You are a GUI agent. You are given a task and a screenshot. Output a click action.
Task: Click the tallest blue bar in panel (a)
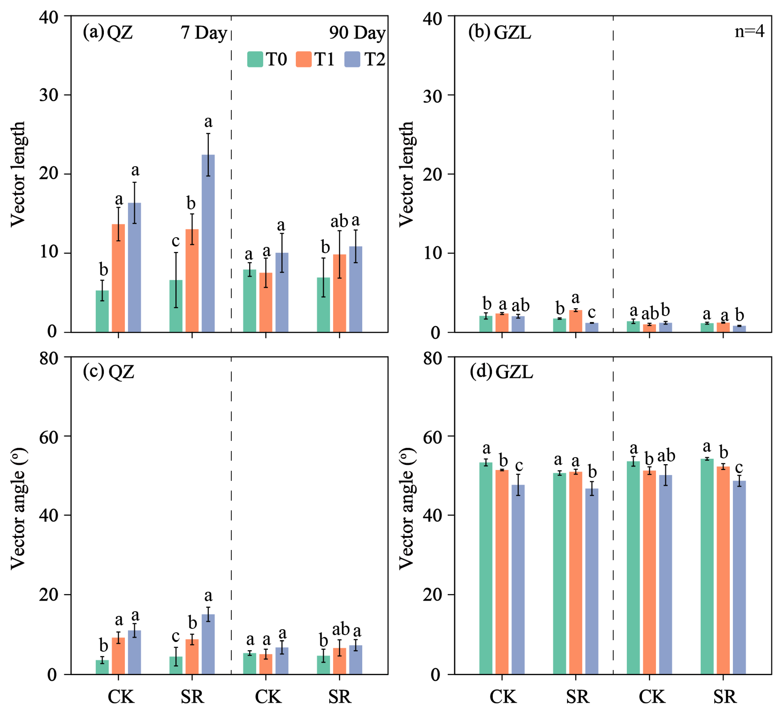pyautogui.click(x=208, y=243)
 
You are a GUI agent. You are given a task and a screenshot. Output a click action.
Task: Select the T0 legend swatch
pyautogui.click(x=255, y=59)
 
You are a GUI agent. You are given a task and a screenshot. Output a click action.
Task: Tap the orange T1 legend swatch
pyautogui.click(x=303, y=59)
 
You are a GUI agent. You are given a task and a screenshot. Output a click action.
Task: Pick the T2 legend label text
pyautogui.click(x=374, y=59)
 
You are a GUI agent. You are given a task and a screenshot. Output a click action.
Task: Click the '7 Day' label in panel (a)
pyautogui.click(x=204, y=33)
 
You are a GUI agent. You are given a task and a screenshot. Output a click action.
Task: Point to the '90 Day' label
pyautogui.click(x=357, y=33)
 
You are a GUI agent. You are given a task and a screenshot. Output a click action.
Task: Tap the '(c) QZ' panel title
pyautogui.click(x=108, y=372)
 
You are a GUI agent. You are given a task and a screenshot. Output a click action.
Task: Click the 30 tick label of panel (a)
pyautogui.click(x=49, y=95)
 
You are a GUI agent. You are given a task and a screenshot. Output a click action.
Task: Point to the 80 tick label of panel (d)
pyautogui.click(x=433, y=359)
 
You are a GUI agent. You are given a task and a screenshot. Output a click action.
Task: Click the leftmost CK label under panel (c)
pyautogui.click(x=121, y=697)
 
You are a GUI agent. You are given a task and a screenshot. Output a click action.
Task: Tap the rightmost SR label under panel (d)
pyautogui.click(x=724, y=697)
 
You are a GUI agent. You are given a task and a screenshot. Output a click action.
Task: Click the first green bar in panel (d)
pyautogui.click(x=486, y=568)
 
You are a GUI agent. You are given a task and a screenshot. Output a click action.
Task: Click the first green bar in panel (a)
pyautogui.click(x=102, y=311)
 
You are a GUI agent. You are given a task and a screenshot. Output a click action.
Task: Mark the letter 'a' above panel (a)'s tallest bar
pyautogui.click(x=208, y=122)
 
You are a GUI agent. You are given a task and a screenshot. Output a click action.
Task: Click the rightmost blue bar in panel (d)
pyautogui.click(x=739, y=578)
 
